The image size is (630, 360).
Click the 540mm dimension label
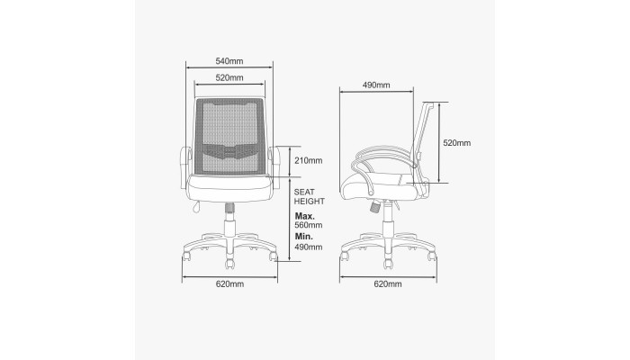[x=229, y=61]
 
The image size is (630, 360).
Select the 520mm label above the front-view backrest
[x=229, y=77]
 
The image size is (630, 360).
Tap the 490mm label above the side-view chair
[x=376, y=85]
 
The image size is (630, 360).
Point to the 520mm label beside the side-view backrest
[x=457, y=142]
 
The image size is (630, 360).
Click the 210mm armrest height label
[x=309, y=161]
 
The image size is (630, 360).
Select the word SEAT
[x=304, y=192]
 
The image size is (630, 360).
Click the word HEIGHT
[x=310, y=202]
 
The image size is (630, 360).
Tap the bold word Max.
[x=305, y=216]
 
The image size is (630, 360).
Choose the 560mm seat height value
[x=309, y=225]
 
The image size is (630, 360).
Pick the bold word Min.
[x=304, y=236]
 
